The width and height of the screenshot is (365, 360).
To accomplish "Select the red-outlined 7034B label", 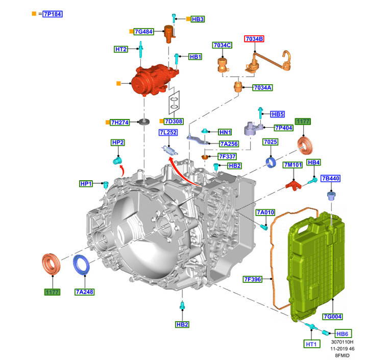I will coord(254,39).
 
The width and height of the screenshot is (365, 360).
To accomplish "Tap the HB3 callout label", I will coord(198,19).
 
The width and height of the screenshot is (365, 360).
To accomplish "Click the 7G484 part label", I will coord(144,32).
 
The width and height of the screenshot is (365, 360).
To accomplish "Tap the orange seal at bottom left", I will coord(51,264).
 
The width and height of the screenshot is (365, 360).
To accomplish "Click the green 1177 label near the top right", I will coord(303,121).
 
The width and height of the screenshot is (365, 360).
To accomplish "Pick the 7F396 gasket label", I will coord(252,279).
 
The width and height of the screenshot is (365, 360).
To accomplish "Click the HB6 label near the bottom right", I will coord(342,332).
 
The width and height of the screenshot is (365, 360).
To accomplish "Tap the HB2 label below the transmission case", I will coord(182,324).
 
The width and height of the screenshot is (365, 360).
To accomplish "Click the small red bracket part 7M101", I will coord(293,184).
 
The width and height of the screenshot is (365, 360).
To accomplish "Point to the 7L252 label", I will coord(167,132).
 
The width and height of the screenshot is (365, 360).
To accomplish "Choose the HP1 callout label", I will coord(86,183).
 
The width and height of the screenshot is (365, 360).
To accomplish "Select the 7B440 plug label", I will coord(330,178).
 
